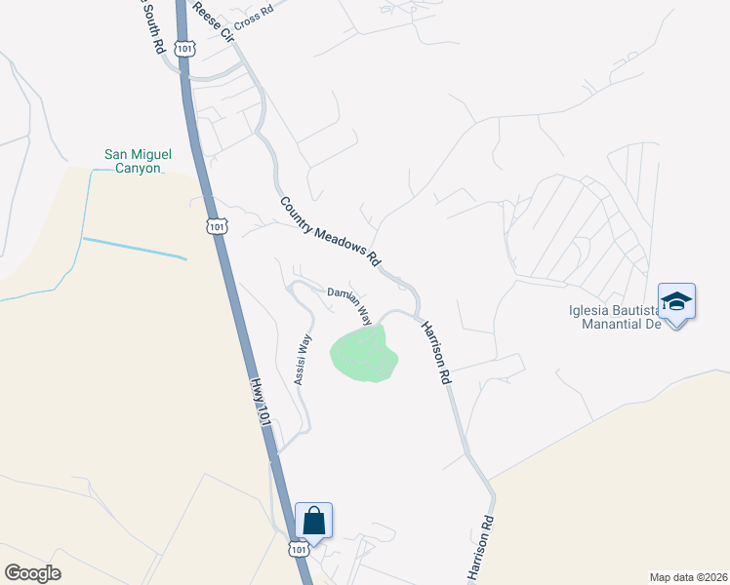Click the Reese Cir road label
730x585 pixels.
tap(216, 21)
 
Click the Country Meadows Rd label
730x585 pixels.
tap(330, 232)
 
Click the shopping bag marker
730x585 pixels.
tap(314, 520)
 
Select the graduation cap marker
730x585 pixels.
tap(676, 300)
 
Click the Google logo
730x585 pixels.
tap(32, 573)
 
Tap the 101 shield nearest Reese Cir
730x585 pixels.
tap(185, 47)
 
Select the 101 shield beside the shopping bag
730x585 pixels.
tap(299, 550)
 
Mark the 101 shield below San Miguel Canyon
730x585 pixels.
tap(216, 226)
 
